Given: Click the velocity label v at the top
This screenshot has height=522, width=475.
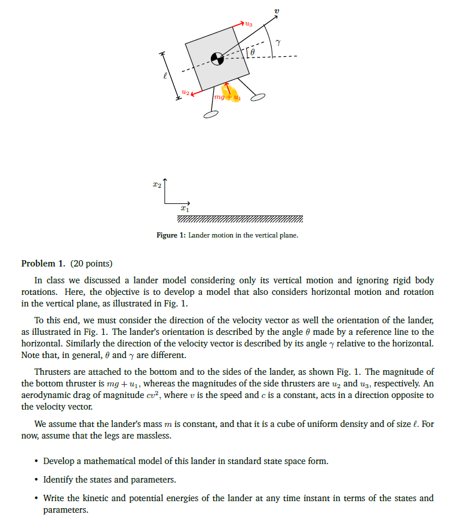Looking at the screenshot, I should (276, 12).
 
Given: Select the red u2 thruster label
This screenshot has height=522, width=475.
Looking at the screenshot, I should (185, 91).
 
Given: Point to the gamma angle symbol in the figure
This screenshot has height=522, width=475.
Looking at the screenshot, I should (278, 42).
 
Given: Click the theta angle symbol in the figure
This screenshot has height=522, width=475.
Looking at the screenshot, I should (253, 53).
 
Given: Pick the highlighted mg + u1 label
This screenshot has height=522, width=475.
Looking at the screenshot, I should (227, 97).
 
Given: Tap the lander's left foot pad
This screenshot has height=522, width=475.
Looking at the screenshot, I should (211, 115).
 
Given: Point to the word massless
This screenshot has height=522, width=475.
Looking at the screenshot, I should (154, 435).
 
